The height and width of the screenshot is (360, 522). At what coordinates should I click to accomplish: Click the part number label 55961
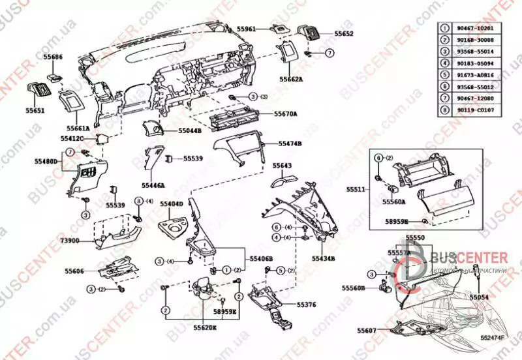(x=246, y=29)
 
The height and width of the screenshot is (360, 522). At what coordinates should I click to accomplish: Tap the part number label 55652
(x=344, y=33)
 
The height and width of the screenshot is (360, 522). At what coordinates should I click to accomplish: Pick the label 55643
(x=282, y=166)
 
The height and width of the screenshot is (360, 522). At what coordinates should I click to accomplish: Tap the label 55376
(x=306, y=304)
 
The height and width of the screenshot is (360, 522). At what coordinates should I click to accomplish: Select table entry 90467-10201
(x=468, y=29)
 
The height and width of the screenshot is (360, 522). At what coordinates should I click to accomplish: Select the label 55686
(x=53, y=57)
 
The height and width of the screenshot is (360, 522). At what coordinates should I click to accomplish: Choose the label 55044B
(x=190, y=130)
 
